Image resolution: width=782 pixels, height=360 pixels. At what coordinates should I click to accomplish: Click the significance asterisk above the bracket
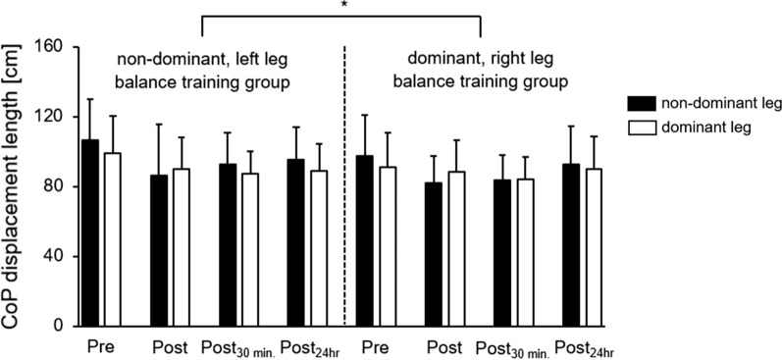point(341,6)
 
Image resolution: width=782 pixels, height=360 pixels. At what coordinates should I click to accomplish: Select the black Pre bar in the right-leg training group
point(364,240)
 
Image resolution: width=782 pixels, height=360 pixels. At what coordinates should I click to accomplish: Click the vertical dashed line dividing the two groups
point(344,186)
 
